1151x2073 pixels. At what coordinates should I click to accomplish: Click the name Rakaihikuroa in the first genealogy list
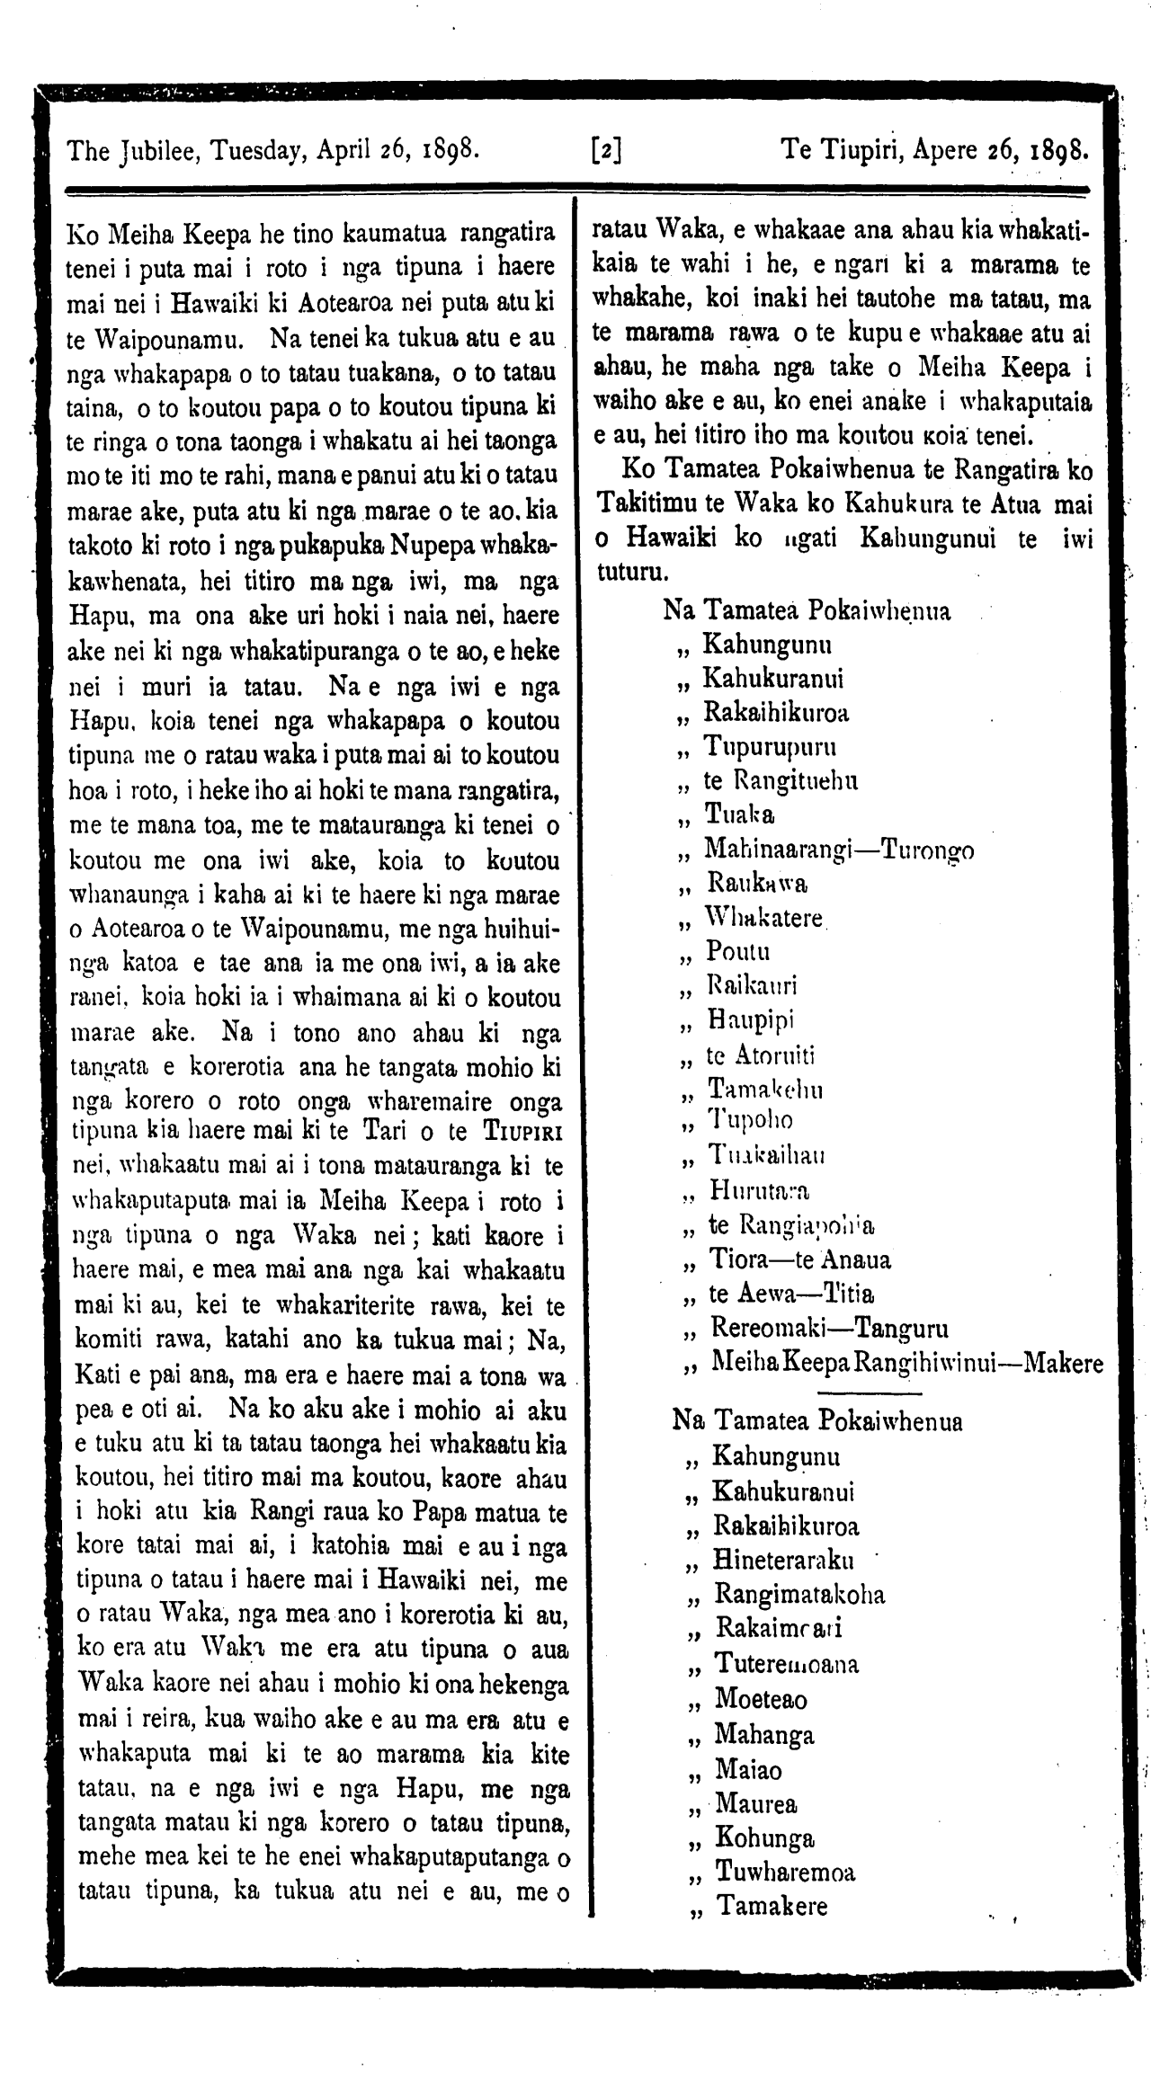coord(776,713)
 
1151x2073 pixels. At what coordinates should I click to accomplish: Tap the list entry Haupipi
coord(752,1020)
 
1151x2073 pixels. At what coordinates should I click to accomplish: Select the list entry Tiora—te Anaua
coord(799,1259)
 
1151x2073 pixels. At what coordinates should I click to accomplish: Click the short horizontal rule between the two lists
coord(870,1393)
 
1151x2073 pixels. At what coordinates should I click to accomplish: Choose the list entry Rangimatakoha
coord(799,1594)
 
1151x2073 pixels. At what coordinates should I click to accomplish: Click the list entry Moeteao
coord(761,1699)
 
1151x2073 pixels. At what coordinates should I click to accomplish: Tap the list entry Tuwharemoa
coord(785,1872)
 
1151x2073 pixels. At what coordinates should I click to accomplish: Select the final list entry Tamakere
coord(772,1906)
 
